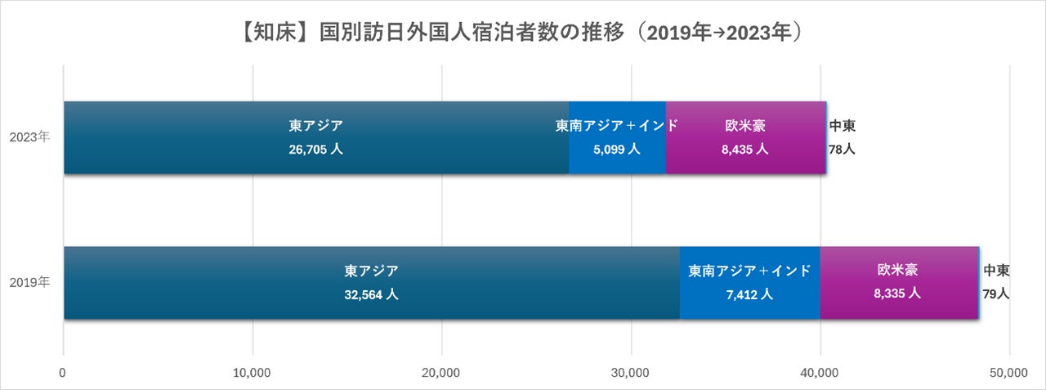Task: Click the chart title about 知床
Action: pos(521,33)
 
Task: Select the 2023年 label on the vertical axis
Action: pos(29,137)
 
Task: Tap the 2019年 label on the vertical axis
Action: pos(29,282)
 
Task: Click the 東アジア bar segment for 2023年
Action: pos(316,138)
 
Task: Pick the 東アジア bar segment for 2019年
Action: pos(372,283)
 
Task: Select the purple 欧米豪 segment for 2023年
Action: pos(746,138)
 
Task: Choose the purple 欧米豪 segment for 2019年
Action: pos(899,283)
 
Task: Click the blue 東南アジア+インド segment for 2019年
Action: pos(750,283)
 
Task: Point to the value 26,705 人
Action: pos(315,150)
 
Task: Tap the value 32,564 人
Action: pos(371,294)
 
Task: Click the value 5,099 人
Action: pos(616,150)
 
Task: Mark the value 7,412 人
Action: pos(749,294)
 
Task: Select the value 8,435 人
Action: pos(744,150)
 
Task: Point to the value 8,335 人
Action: pos(897,294)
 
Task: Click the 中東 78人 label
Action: pos(842,137)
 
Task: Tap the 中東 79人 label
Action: pos(996,282)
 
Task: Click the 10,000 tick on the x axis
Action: pos(252,373)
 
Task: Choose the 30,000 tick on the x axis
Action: pos(630,373)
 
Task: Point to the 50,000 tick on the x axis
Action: pos(1008,373)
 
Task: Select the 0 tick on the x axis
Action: pos(63,373)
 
